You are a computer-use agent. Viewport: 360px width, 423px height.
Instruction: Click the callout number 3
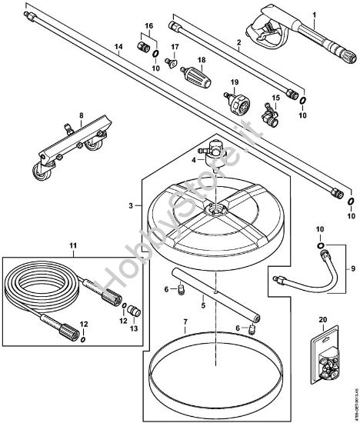point(132,205)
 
